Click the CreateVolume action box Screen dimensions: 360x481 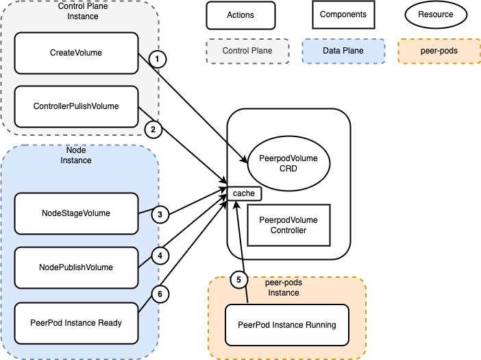coord(76,52)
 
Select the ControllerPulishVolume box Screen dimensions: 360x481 coord(76,106)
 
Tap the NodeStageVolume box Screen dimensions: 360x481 coord(76,213)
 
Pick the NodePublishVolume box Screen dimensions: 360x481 coord(76,267)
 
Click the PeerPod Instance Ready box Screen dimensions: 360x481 coord(76,322)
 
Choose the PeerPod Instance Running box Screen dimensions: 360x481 coord(287,324)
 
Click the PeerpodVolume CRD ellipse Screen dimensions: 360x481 coord(288,163)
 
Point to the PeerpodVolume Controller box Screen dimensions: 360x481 coord(288,225)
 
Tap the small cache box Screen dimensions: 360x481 coord(244,193)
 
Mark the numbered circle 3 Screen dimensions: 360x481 coord(159,215)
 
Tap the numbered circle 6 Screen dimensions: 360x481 coord(159,293)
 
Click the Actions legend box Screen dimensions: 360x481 coord(241,14)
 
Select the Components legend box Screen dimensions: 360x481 coord(343,14)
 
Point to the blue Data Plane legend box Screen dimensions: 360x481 coord(343,51)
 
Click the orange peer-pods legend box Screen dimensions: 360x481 coord(438,51)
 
